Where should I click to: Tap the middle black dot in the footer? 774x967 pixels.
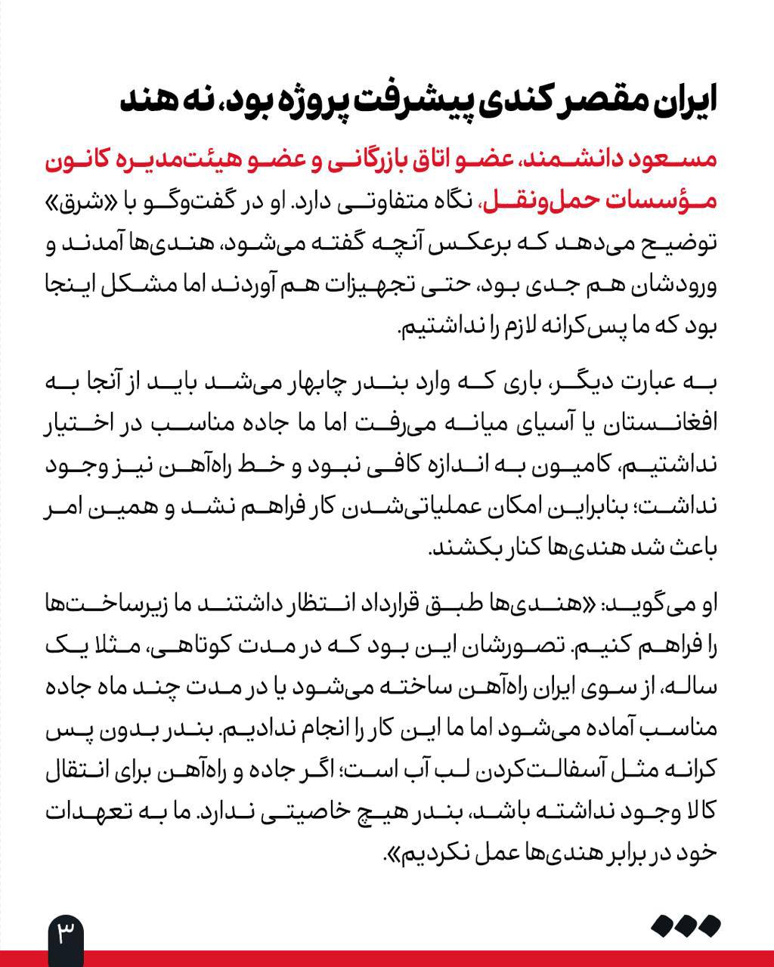(686, 925)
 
